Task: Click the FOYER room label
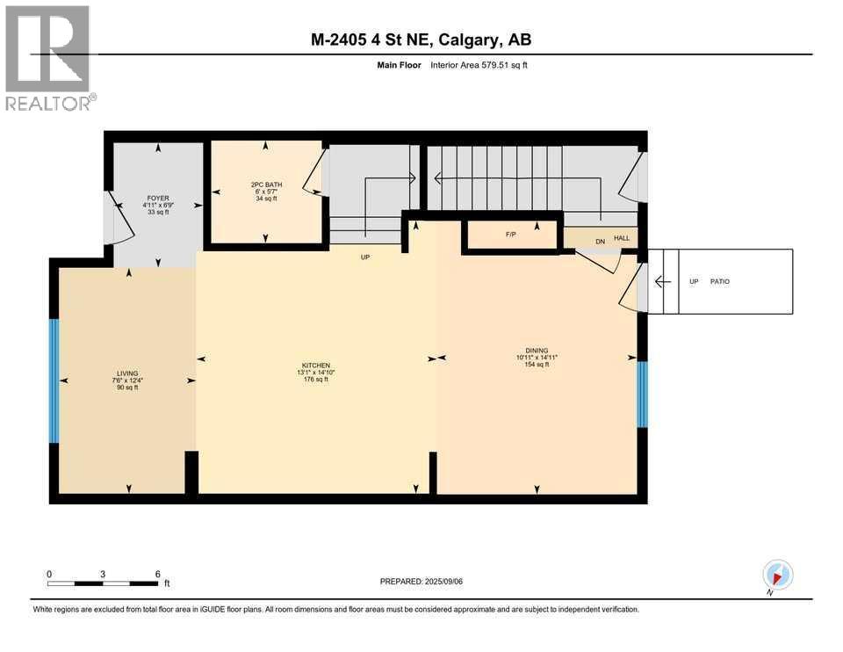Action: [x=158, y=199]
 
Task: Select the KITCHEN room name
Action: [x=316, y=365]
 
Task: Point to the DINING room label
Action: [x=537, y=350]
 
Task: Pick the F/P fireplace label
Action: [x=509, y=235]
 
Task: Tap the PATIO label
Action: [x=720, y=282]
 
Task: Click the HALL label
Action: [x=622, y=238]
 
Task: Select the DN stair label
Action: [x=601, y=242]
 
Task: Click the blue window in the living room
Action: [x=54, y=380]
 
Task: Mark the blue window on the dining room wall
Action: [x=642, y=395]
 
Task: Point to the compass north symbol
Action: [x=777, y=576]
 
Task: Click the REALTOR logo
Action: [x=47, y=58]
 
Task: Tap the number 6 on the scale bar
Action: [x=157, y=573]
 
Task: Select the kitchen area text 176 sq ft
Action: [x=316, y=380]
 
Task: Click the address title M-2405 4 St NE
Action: [x=369, y=40]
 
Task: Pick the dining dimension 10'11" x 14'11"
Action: [x=537, y=358]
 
